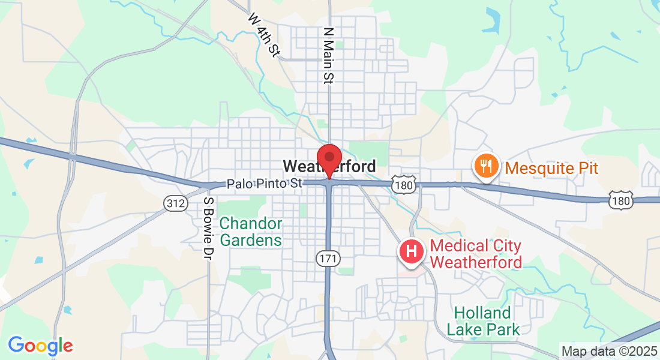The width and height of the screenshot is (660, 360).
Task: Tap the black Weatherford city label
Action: (x=329, y=166)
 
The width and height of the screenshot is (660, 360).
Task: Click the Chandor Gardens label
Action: (x=250, y=232)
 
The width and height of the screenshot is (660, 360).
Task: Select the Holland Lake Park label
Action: (x=482, y=321)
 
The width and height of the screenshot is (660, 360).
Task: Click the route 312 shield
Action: (x=175, y=204)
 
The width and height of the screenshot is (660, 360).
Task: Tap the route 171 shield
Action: (x=328, y=259)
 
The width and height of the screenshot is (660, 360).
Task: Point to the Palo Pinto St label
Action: (x=264, y=184)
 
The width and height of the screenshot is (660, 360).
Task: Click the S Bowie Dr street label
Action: (x=208, y=229)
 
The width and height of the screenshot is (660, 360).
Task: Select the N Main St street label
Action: (x=328, y=55)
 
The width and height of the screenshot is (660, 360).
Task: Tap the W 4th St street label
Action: (x=264, y=35)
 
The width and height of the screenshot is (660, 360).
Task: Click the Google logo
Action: (x=40, y=346)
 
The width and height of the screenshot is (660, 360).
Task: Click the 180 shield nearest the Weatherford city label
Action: (x=404, y=185)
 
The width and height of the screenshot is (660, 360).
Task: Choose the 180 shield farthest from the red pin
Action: (x=620, y=200)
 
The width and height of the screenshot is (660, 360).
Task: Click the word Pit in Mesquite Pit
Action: (x=584, y=167)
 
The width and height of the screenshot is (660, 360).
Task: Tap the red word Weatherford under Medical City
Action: (x=476, y=262)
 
